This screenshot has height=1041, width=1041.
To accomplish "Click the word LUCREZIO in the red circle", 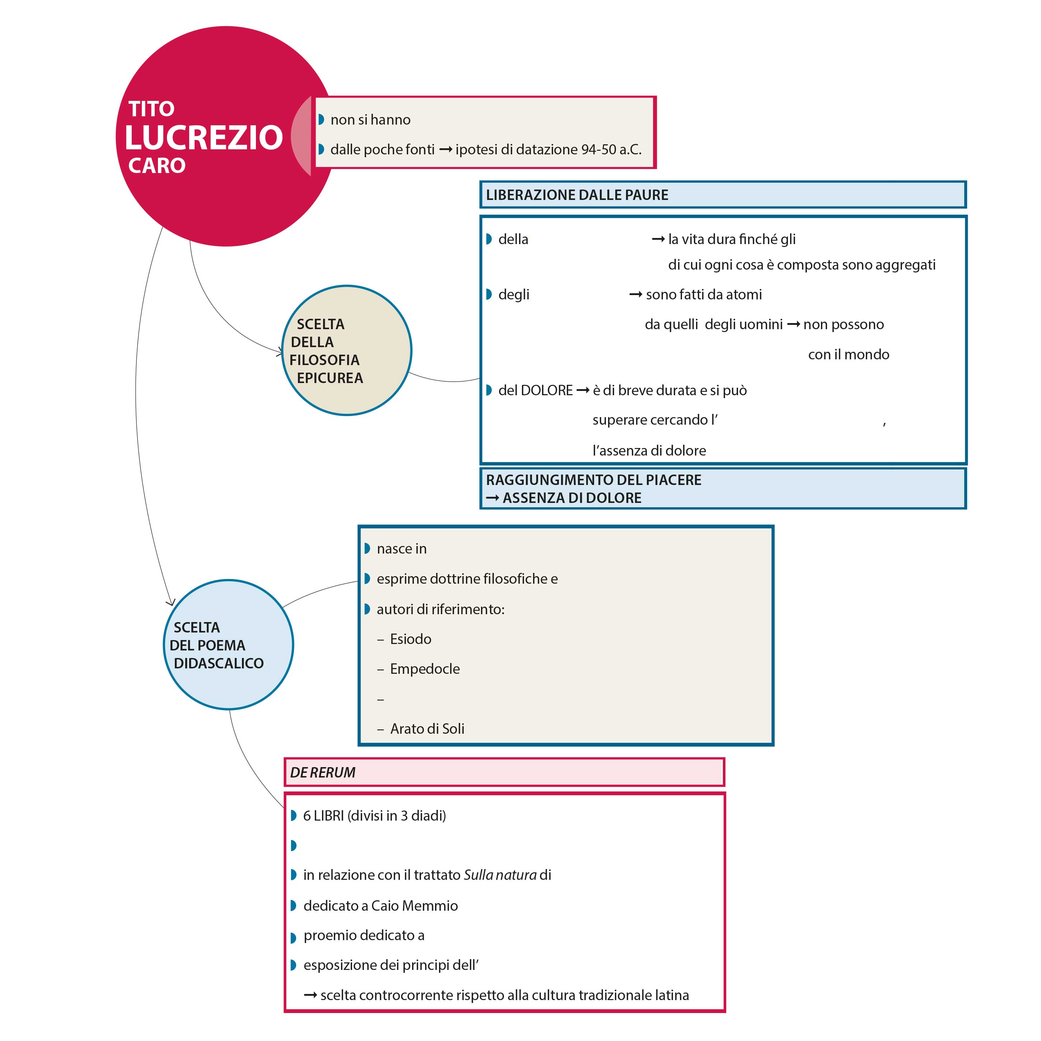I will pyautogui.click(x=204, y=137).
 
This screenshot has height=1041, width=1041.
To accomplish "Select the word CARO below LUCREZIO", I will pyautogui.click(x=157, y=165).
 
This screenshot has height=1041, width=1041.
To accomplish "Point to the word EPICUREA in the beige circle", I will pyautogui.click(x=330, y=378).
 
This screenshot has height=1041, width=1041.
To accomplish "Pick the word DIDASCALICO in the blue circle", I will pyautogui.click(x=219, y=663).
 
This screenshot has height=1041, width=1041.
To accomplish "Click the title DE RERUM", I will pyautogui.click(x=323, y=772).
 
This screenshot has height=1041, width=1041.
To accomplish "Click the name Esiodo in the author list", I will pyautogui.click(x=411, y=639).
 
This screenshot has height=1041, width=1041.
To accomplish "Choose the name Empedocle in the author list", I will pyautogui.click(x=425, y=669).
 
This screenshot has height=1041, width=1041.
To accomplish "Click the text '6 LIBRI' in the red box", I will pyautogui.click(x=323, y=816).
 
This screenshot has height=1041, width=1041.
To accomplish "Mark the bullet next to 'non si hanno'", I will pyautogui.click(x=321, y=120).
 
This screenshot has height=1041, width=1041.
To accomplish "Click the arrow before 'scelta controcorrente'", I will pyautogui.click(x=311, y=995).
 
